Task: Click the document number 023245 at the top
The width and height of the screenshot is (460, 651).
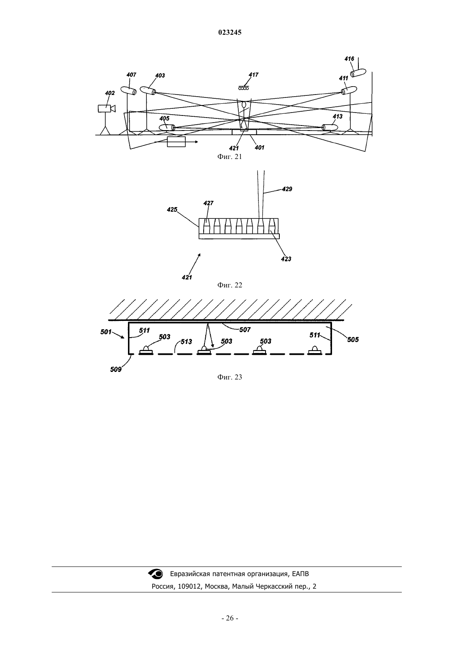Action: pyautogui.click(x=230, y=33)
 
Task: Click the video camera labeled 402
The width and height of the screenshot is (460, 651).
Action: pyautogui.click(x=107, y=108)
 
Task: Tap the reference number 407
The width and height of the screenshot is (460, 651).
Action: pyautogui.click(x=131, y=75)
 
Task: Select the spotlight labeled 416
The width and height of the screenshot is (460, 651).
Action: pyautogui.click(x=358, y=72)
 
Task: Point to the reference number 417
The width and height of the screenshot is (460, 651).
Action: pyautogui.click(x=253, y=75)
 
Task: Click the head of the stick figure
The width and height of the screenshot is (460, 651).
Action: pyautogui.click(x=244, y=105)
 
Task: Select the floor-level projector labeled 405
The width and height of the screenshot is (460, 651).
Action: pyautogui.click(x=167, y=127)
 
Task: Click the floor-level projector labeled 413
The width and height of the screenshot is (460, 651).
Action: pyautogui.click(x=330, y=127)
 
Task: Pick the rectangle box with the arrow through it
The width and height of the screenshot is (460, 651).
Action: pyautogui.click(x=176, y=142)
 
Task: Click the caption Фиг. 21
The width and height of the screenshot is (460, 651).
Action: pyautogui.click(x=230, y=157)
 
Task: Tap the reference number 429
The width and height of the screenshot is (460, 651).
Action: pyautogui.click(x=287, y=189)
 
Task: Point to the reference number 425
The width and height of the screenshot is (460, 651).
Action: pyautogui.click(x=172, y=210)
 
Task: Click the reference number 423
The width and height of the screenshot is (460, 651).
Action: pyautogui.click(x=286, y=259)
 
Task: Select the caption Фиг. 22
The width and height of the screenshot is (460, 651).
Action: pyautogui.click(x=230, y=285)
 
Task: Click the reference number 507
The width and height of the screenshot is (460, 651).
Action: pyautogui.click(x=245, y=330)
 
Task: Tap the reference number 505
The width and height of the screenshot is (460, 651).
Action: pyautogui.click(x=353, y=339)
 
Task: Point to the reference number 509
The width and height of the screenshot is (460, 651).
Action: pyautogui.click(x=116, y=370)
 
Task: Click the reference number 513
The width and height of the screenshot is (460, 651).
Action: pyautogui.click(x=187, y=342)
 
